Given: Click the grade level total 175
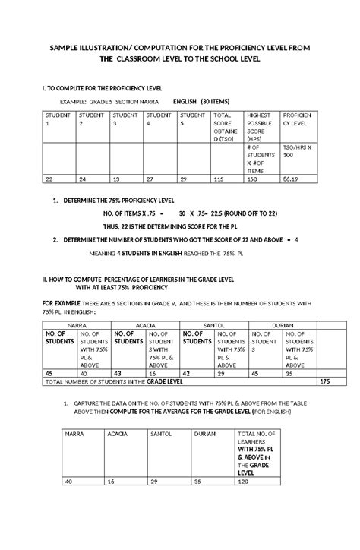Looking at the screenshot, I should [326, 381].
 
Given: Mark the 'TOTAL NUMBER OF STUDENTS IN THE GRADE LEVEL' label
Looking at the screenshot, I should [114, 381].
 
